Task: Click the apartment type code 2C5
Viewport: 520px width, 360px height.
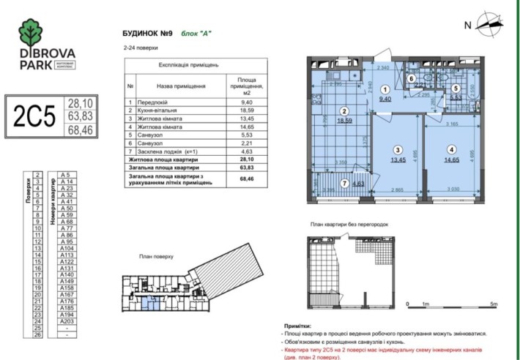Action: (x=33, y=116)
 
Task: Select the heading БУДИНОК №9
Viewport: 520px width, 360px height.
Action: (x=146, y=33)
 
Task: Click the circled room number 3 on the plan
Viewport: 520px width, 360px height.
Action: (x=395, y=149)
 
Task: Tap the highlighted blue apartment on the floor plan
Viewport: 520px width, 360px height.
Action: (x=149, y=299)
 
